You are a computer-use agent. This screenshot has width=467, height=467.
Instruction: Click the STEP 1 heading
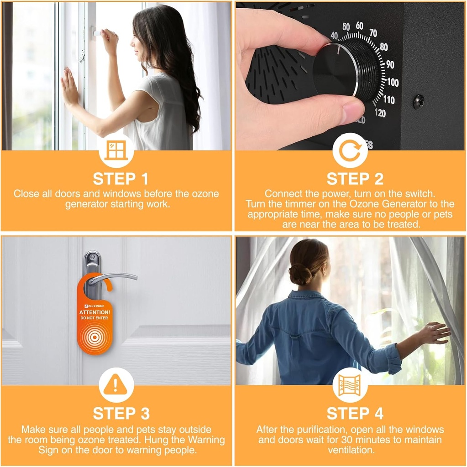click(121, 179)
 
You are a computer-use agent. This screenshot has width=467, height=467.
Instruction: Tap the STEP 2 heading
click(355, 179)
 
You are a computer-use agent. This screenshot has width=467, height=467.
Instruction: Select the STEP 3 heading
click(121, 414)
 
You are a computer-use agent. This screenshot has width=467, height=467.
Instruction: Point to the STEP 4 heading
click(355, 414)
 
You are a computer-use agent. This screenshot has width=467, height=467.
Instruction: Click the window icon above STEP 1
click(116, 150)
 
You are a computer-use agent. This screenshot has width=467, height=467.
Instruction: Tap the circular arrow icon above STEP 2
click(350, 150)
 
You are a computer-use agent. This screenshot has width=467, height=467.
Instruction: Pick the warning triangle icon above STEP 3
click(115, 384)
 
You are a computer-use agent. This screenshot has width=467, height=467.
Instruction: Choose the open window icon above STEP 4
click(350, 385)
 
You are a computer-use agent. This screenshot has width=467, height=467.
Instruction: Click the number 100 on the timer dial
click(393, 82)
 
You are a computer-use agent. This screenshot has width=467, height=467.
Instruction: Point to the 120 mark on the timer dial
click(380, 113)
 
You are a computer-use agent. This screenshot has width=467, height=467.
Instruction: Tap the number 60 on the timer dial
click(359, 26)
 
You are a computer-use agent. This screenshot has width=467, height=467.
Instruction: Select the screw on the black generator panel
click(419, 102)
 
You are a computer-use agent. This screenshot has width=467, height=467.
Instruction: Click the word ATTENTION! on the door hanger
click(94, 312)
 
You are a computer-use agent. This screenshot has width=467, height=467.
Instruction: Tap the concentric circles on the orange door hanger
click(94, 337)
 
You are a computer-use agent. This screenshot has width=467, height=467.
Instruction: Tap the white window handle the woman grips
click(98, 32)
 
